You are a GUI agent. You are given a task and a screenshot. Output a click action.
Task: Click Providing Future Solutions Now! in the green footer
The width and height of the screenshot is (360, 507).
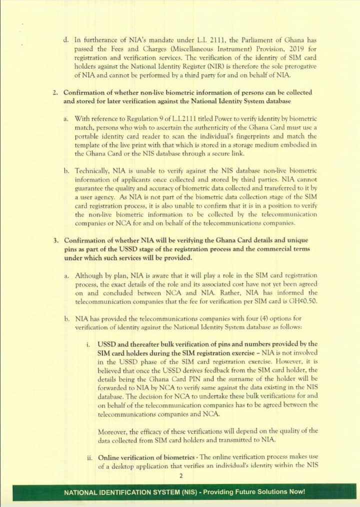pyautogui.click(x=253, y=491)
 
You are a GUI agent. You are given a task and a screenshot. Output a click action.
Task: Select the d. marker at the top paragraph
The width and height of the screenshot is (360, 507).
pyautogui.click(x=66, y=39)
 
